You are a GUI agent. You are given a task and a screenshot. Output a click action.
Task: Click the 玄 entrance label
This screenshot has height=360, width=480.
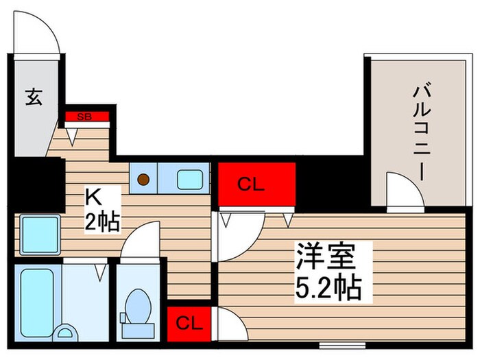pos(34,98)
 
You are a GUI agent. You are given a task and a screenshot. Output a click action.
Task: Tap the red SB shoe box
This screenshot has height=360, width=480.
pos(87,117)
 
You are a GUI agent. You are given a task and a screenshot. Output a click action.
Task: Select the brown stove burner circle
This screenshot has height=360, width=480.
pos(144,180)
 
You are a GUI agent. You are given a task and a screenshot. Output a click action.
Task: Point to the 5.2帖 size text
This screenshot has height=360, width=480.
pos(328,289)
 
